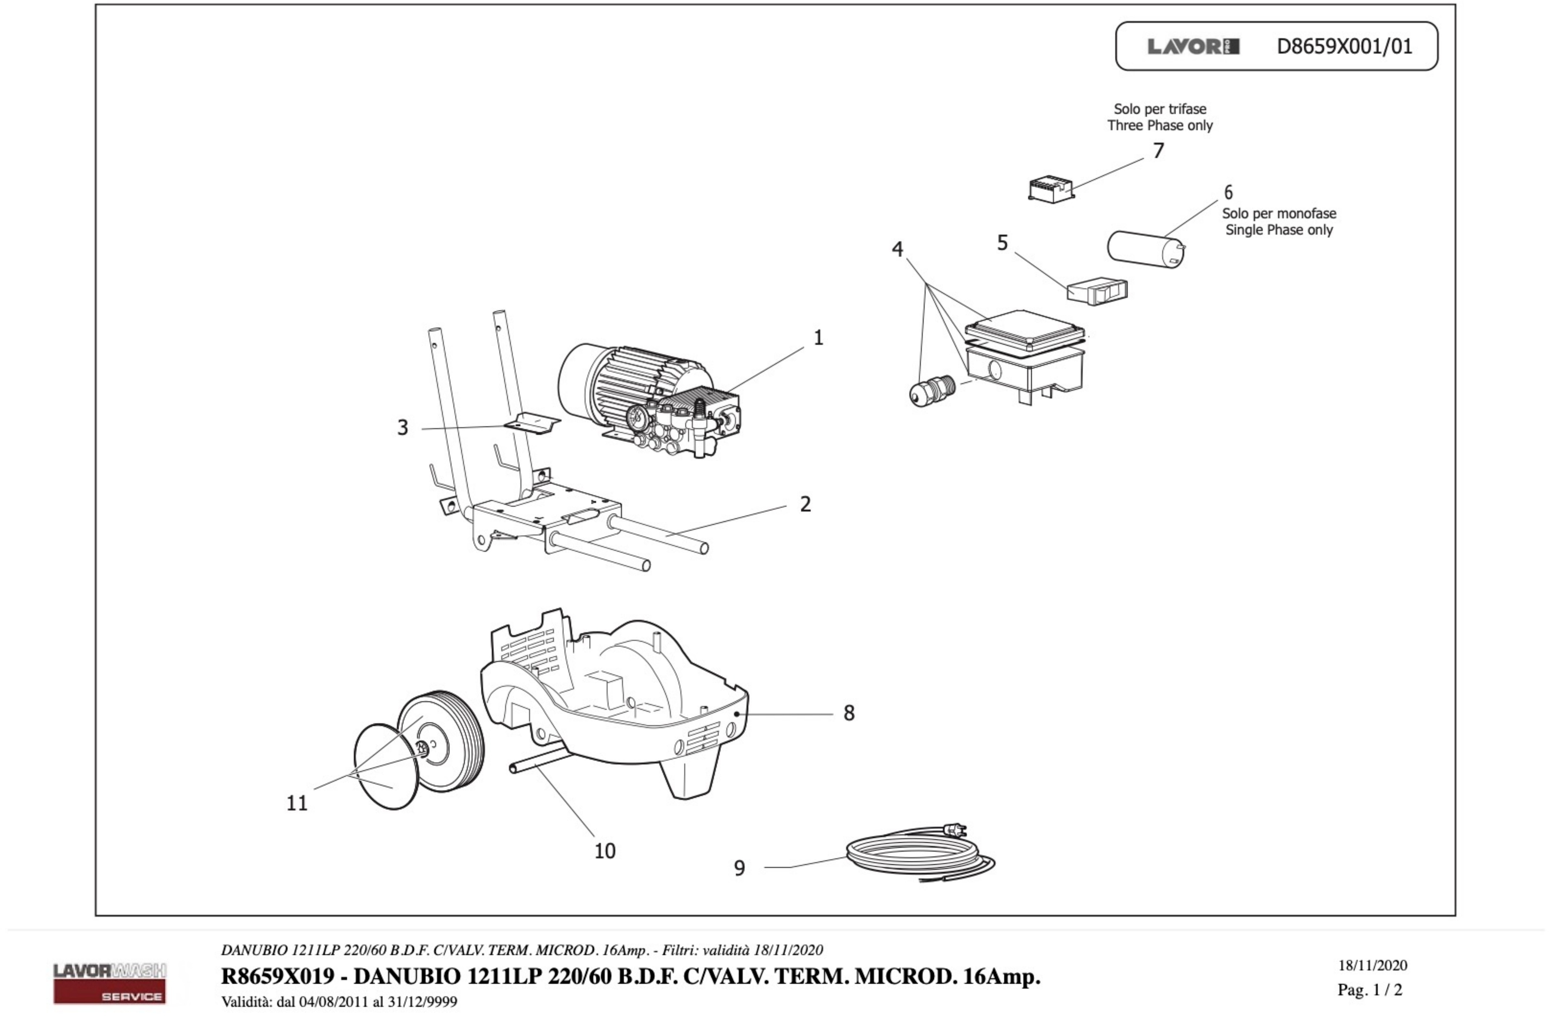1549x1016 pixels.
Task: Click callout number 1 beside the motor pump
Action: click(818, 338)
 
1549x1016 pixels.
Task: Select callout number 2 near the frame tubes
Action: click(805, 504)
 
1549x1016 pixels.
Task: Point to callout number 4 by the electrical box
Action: click(897, 249)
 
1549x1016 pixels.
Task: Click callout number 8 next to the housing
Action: click(849, 714)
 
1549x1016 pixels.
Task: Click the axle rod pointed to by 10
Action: click(539, 762)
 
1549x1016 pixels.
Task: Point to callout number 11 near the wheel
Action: click(297, 803)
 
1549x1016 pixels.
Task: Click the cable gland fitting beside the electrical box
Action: click(931, 390)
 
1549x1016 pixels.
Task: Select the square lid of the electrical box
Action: click(1025, 329)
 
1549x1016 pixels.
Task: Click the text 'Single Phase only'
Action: click(1279, 230)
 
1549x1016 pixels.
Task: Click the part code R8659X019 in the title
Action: click(277, 976)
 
